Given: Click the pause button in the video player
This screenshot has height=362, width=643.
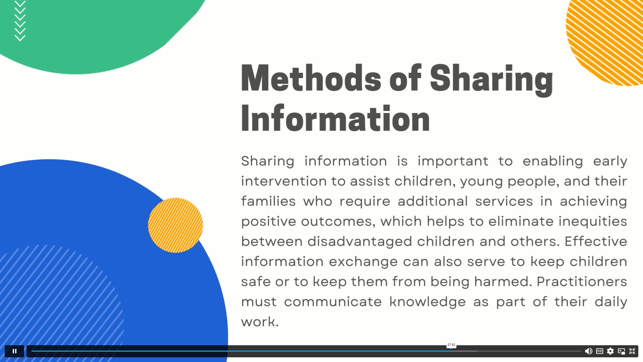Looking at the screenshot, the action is [14, 351].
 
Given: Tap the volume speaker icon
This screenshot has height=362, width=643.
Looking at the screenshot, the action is [588, 351].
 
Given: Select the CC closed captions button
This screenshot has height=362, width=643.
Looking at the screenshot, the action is [599, 351].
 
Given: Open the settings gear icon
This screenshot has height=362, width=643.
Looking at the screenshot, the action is [611, 351].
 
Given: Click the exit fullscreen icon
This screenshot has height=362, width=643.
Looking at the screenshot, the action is [632, 351].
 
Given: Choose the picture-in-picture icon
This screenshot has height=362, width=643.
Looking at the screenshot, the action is [621, 351].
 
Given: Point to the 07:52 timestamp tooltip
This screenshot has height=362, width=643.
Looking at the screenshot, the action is [451, 345].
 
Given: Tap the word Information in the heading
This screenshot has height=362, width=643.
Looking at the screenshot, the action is [335, 118].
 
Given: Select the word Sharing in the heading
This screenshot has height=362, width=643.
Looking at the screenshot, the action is [491, 80].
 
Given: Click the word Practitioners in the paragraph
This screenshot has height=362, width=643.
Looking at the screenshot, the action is [582, 282].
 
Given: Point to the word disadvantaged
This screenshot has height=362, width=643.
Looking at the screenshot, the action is [360, 242].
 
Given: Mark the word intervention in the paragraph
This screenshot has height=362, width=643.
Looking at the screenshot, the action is [284, 181].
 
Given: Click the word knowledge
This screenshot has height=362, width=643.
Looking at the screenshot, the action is [427, 302].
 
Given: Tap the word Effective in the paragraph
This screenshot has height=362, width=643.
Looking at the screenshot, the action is [596, 241].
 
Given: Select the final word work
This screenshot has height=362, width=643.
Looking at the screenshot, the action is [260, 322].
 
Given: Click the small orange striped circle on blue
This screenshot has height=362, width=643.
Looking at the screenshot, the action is [175, 225].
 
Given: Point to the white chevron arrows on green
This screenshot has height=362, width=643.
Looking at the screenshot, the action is [20, 21].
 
